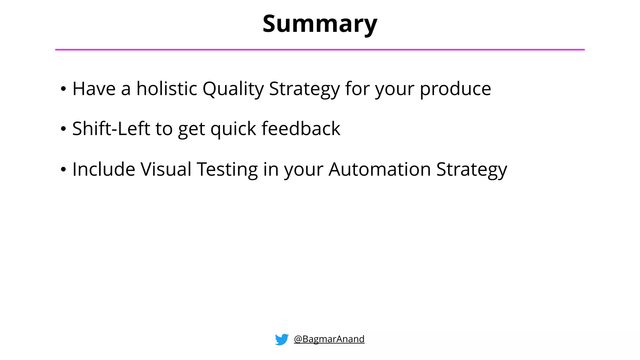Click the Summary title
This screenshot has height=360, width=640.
click(320, 24)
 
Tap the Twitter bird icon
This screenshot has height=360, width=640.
click(282, 339)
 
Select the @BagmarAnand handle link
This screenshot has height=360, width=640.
click(329, 339)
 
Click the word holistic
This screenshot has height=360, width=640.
click(167, 88)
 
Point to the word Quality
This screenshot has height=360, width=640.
click(233, 89)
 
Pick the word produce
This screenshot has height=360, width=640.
click(455, 89)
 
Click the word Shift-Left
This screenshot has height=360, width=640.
click(111, 128)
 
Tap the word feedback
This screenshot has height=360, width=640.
click(301, 128)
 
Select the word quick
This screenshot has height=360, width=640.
click(233, 129)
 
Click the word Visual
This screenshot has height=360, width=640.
click(166, 169)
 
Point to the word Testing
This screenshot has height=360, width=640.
click(227, 170)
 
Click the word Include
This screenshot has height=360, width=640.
click(104, 169)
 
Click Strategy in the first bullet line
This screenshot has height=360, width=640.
click(304, 89)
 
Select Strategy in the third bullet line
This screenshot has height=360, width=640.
click(472, 170)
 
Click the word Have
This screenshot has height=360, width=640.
click(94, 88)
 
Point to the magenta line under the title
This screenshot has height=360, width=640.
click(320, 49)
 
